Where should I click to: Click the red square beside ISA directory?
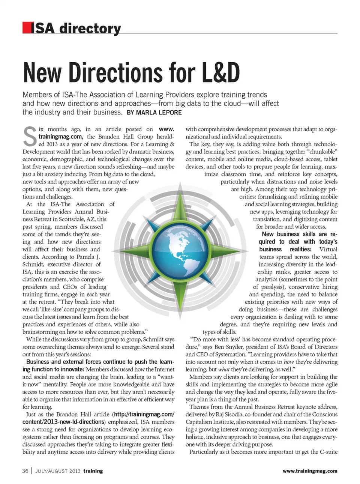27,28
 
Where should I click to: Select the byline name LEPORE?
169,113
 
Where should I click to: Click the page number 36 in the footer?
25,471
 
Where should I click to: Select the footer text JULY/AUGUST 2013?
58,471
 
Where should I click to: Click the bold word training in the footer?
93,471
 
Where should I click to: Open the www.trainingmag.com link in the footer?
310,471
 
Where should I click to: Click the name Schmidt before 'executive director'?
33,264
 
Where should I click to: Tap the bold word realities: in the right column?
300,249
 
